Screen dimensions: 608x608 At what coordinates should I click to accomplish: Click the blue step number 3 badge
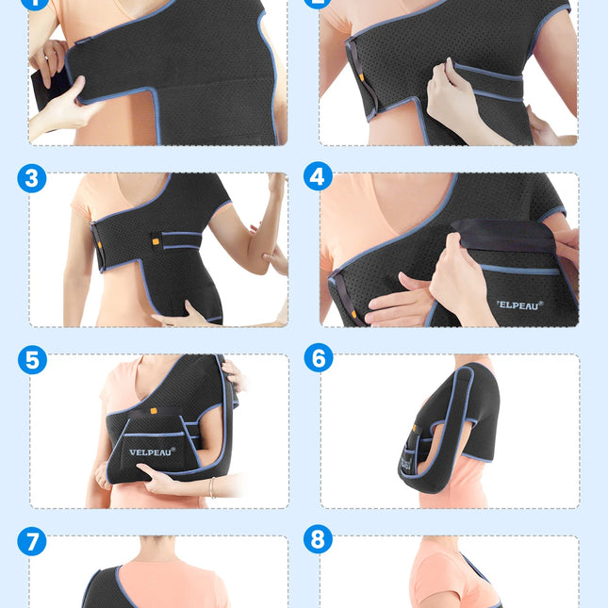(x=31, y=178)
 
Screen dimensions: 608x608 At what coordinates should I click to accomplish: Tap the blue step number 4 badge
(x=318, y=176)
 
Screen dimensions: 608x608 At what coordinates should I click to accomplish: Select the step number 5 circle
(x=31, y=359)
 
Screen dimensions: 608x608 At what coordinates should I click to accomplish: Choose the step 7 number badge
(x=31, y=541)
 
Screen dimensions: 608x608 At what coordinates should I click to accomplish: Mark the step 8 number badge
(x=318, y=539)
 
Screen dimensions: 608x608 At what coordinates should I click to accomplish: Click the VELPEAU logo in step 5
(x=152, y=451)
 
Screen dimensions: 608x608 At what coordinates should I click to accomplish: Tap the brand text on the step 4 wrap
(x=519, y=304)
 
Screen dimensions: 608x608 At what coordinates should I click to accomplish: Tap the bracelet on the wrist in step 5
(x=211, y=487)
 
